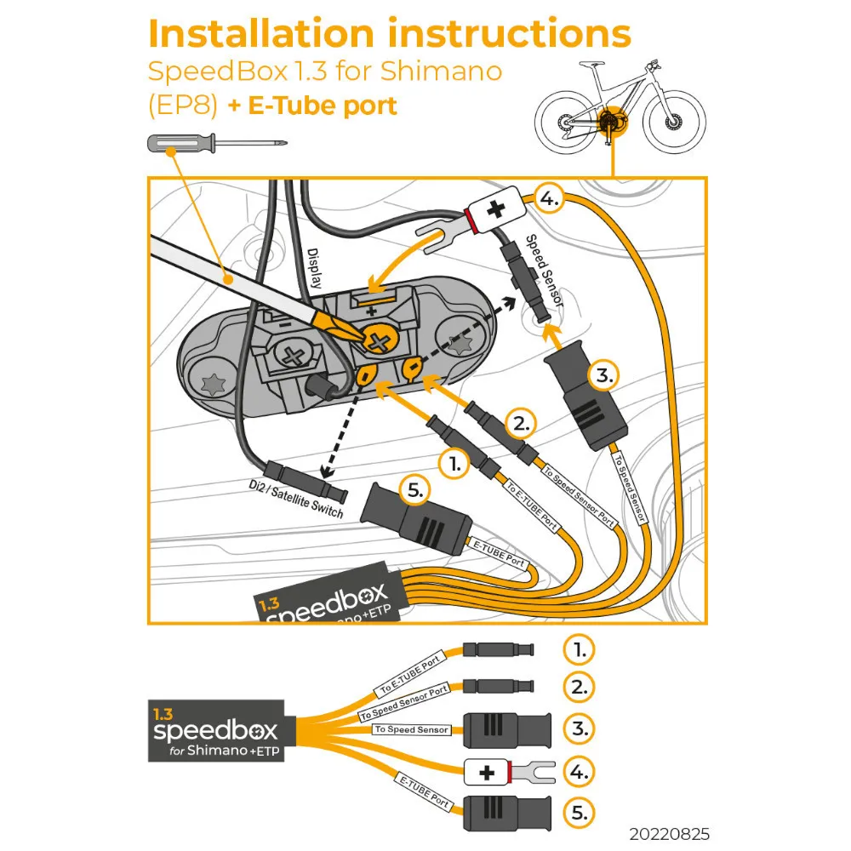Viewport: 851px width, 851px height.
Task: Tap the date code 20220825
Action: point(669,834)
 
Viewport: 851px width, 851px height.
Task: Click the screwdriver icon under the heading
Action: point(217,144)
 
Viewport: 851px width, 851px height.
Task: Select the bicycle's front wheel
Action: point(674,122)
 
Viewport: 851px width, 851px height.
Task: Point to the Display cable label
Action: point(314,268)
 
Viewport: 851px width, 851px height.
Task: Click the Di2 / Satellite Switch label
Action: point(296,499)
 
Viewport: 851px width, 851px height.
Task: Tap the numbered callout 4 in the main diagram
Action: point(549,198)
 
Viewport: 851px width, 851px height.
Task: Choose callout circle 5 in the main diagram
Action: point(415,491)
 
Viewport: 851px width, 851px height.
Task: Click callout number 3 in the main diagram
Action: point(604,375)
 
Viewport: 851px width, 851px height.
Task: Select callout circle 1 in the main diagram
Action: point(454,464)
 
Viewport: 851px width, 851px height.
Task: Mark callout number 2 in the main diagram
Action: point(521,423)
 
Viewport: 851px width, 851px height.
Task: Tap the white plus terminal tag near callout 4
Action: point(497,209)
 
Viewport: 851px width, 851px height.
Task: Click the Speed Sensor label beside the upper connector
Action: point(544,271)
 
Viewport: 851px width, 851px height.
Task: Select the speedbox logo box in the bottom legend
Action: point(216,730)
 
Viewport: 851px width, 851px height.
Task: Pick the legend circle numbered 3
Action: point(580,729)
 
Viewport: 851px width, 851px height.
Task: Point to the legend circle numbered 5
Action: point(580,813)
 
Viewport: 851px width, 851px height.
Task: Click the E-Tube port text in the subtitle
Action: point(323,106)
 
